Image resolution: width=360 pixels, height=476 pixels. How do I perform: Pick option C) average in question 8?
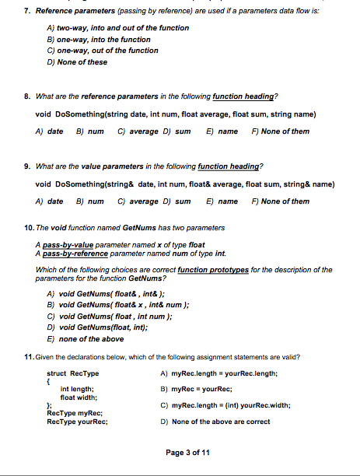138,131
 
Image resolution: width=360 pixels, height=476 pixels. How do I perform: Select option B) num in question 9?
89,201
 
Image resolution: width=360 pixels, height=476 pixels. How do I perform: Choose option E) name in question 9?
222,201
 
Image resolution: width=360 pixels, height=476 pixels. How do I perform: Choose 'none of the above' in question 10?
86,339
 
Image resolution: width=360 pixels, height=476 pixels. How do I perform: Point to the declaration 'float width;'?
78,397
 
